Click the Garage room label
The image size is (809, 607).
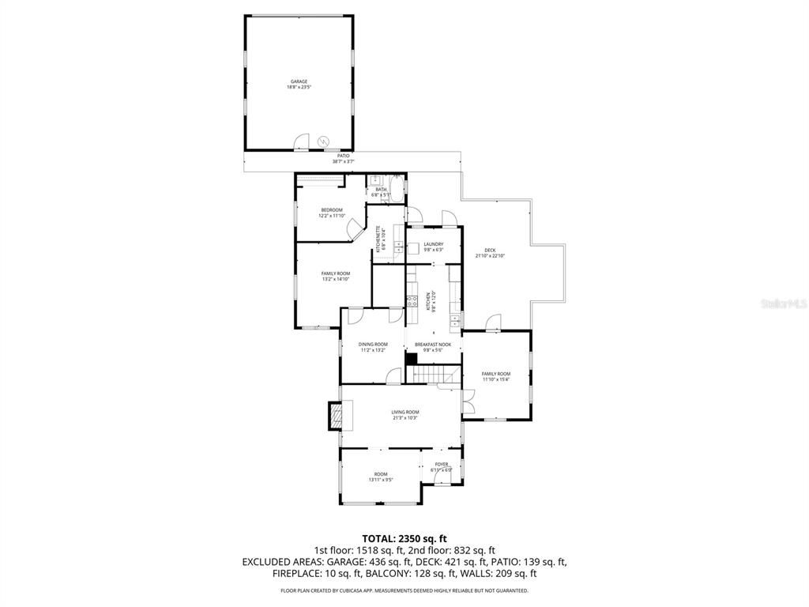(x=299, y=81)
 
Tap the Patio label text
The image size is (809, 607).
(x=344, y=156)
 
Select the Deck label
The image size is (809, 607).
(x=490, y=251)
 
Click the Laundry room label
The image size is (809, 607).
(x=433, y=244)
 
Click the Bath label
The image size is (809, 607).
(x=381, y=190)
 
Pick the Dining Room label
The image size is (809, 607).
(x=373, y=344)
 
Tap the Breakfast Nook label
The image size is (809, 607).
(x=433, y=345)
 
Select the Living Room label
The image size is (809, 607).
(x=404, y=412)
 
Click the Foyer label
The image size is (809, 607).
(x=441, y=464)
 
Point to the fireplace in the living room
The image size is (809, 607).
(x=337, y=415)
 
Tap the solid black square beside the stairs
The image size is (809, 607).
(x=411, y=358)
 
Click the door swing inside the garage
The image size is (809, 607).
(x=301, y=141)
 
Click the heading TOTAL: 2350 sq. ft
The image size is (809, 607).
(x=404, y=538)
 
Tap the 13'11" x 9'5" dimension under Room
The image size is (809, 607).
(x=381, y=480)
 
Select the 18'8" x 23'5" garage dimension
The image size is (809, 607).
(x=299, y=87)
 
